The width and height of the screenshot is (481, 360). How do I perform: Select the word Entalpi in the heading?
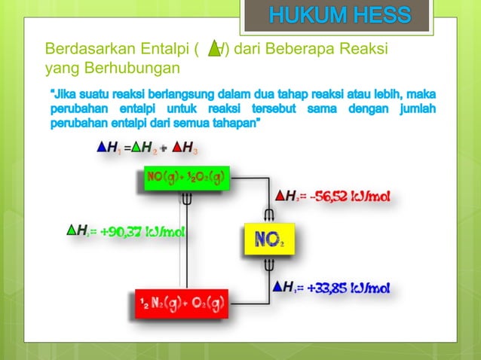tap(165, 50)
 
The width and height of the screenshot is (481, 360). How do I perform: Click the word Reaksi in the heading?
tap(362, 50)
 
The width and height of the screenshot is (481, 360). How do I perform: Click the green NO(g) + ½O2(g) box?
tap(185, 178)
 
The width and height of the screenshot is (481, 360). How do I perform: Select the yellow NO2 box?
tap(268, 241)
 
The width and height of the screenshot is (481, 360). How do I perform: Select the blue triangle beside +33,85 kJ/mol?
tap(278, 287)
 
